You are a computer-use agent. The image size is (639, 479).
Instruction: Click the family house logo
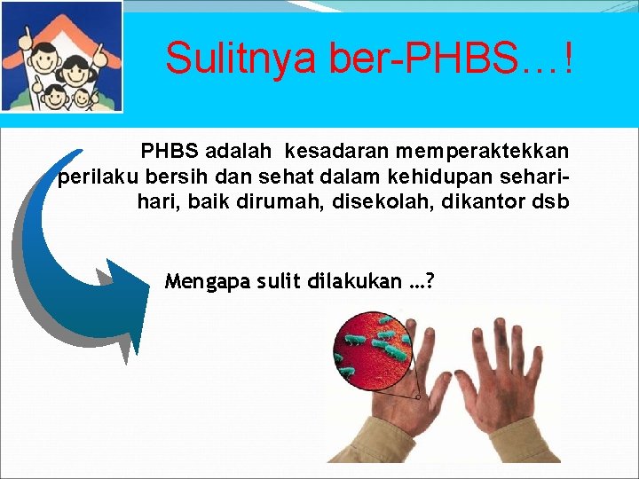coord(61,57)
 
